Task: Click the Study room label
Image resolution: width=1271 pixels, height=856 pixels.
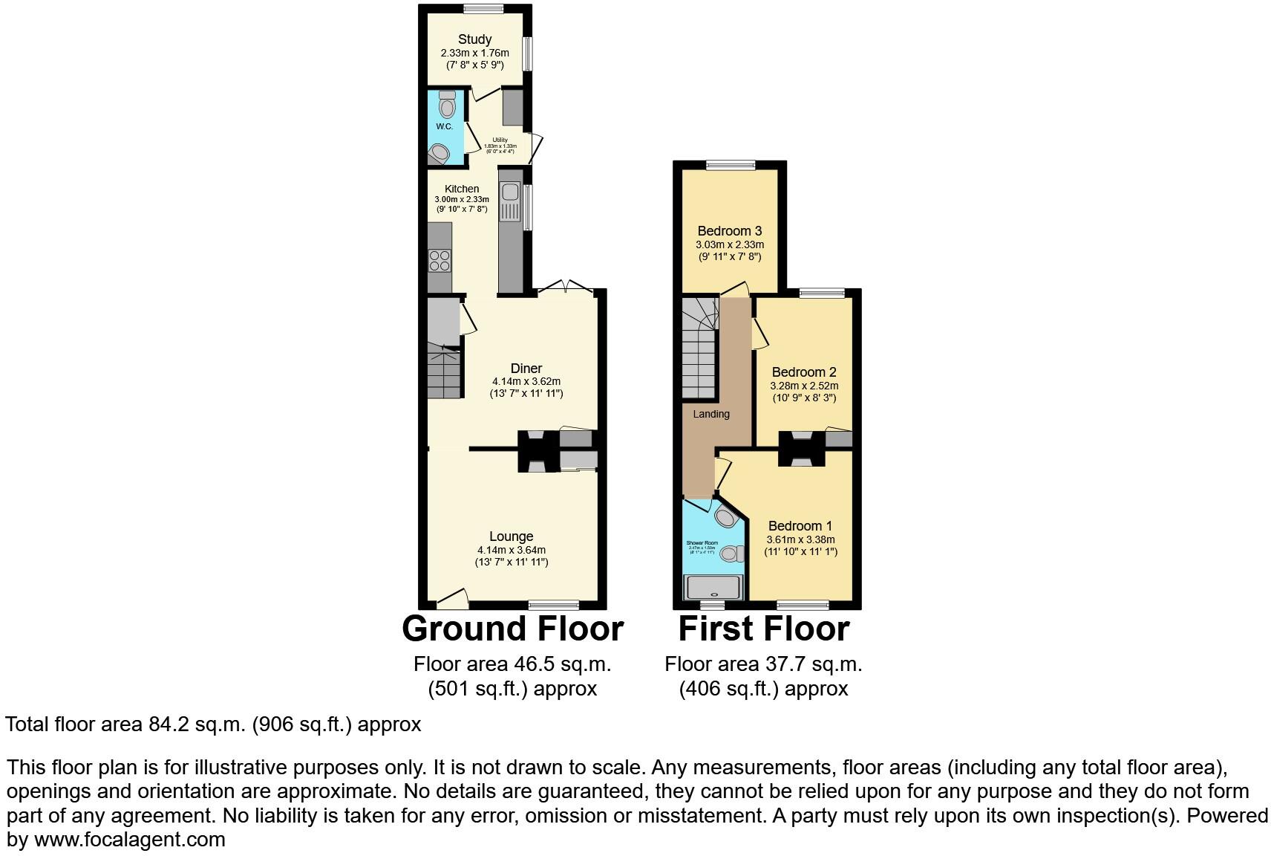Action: tap(474, 39)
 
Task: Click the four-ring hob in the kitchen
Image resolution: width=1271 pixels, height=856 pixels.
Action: tap(439, 260)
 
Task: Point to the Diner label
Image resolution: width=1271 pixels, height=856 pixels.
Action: tap(526, 368)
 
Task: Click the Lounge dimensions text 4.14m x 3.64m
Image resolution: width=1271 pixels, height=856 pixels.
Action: tap(511, 550)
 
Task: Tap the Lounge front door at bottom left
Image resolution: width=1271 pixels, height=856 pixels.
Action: tap(451, 597)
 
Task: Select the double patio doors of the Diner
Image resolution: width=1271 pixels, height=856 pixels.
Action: tap(566, 287)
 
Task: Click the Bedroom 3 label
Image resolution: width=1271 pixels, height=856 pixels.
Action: tap(729, 231)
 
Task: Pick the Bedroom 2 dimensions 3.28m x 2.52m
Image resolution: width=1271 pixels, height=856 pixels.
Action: tap(805, 386)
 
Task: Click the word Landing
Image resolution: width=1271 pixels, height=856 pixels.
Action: tap(710, 414)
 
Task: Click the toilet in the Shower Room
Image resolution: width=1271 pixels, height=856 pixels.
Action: tap(732, 553)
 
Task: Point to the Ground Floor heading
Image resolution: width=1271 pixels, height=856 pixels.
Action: tap(512, 629)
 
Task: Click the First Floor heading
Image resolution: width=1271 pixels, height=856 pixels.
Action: tap(763, 629)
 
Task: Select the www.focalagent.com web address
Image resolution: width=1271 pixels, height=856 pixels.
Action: tap(130, 840)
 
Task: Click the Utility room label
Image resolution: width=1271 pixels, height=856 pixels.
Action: tap(500, 140)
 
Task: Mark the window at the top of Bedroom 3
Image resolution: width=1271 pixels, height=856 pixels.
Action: tap(731, 165)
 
